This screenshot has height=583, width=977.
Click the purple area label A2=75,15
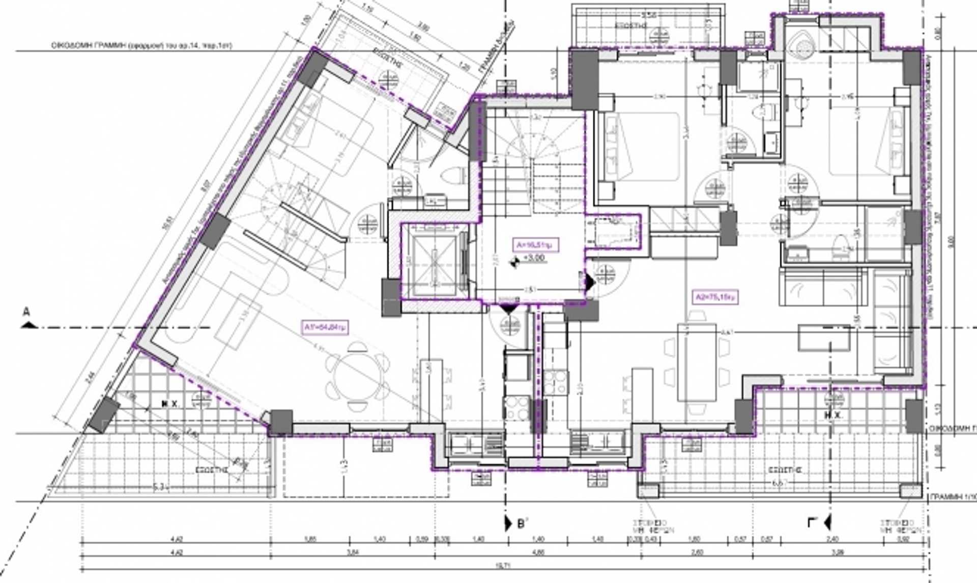pos(715,297)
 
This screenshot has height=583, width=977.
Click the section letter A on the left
pos(26,312)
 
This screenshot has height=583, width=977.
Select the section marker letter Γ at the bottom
pos(813,523)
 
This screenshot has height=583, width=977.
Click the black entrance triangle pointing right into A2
pos(590,282)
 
